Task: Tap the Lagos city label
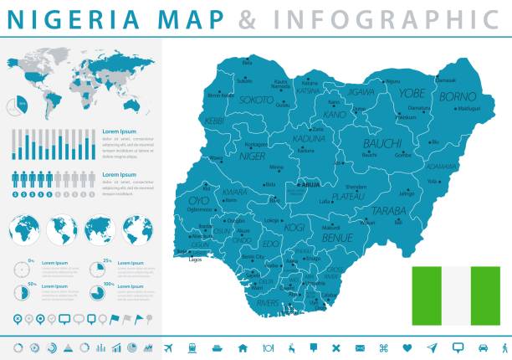point(196,260)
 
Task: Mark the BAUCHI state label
point(381,143)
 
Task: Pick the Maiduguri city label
point(468,108)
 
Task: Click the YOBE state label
point(412,94)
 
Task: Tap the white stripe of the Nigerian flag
point(455,296)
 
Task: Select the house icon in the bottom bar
point(243,347)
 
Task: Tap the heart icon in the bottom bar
point(407,347)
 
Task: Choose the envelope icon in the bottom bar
point(360,347)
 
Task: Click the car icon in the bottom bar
point(483,347)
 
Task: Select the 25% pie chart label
point(107,261)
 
